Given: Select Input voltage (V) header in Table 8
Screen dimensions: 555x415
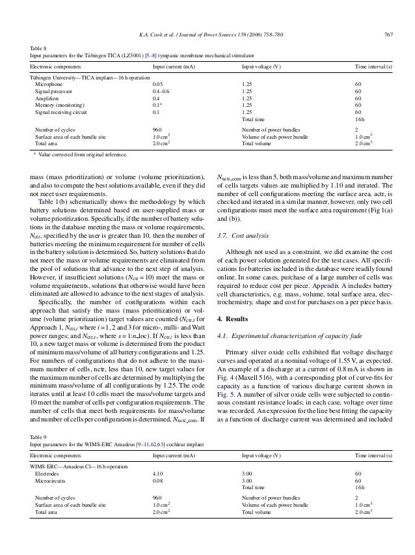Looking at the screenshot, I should coord(261,66).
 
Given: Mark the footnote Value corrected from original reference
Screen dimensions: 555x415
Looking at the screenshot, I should coord(85,156).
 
